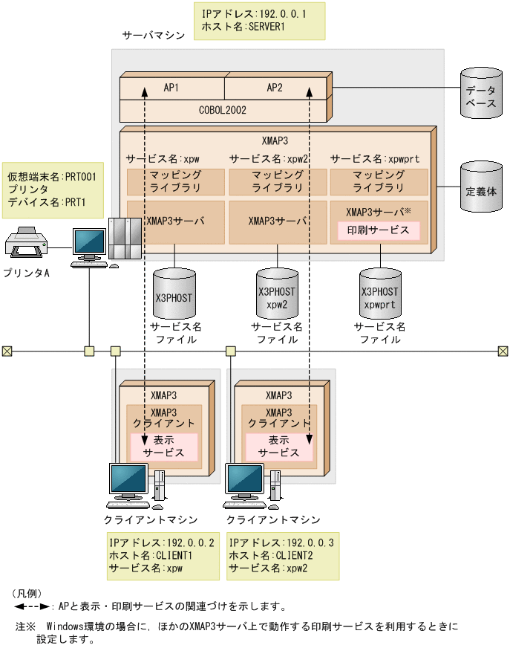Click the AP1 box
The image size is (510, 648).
coord(171,87)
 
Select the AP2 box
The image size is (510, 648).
coord(275,87)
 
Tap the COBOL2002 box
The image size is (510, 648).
coord(223,110)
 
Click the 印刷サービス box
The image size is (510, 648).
coord(379,230)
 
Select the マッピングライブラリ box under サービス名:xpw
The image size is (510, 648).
coord(175,182)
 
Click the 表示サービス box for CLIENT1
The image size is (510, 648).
coord(164,446)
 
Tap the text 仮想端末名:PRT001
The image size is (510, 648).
coord(52,176)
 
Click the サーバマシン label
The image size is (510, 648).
coord(154,36)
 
